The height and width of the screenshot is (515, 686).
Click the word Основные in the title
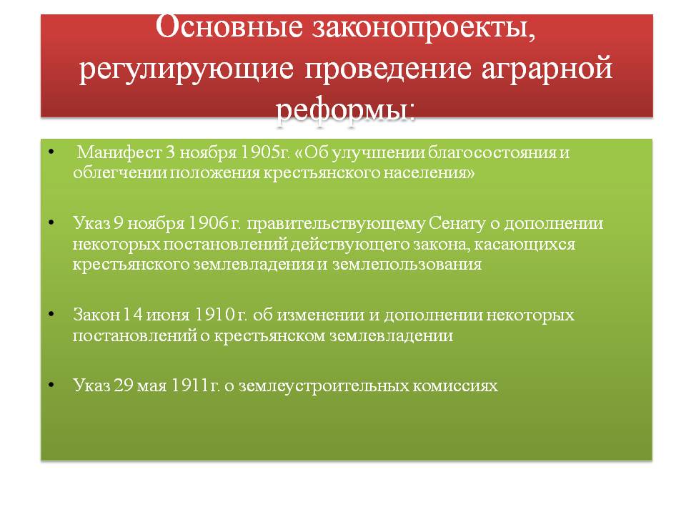229,27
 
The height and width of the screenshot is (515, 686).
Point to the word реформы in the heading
345,110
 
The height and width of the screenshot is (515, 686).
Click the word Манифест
119,152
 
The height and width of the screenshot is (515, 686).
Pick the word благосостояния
492,152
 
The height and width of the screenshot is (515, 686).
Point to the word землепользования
407,265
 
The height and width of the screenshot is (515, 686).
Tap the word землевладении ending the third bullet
391,335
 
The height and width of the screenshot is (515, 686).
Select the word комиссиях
455,386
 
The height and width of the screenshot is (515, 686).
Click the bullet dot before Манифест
51,152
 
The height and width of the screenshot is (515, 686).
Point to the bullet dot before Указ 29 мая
51,385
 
